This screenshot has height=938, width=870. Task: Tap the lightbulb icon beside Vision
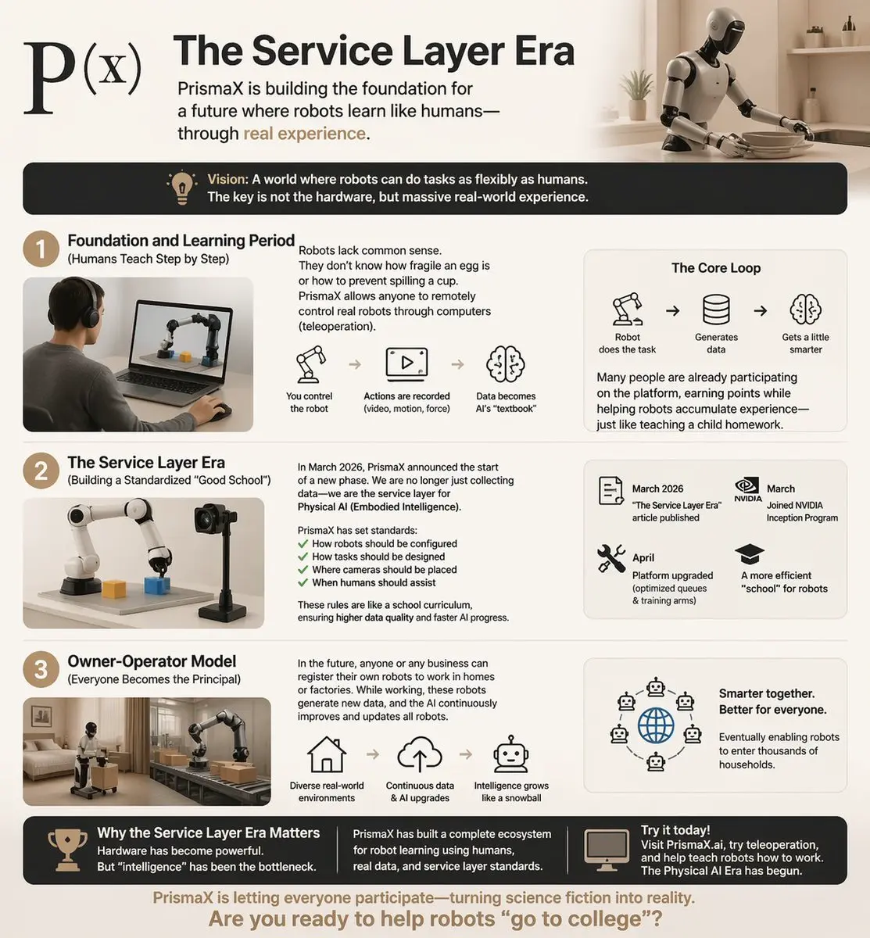(x=182, y=188)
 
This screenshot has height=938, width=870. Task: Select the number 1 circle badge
(x=41, y=249)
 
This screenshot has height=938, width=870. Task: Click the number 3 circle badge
(x=41, y=670)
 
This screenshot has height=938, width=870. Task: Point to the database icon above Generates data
(x=716, y=310)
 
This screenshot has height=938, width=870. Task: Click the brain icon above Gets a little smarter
(x=805, y=309)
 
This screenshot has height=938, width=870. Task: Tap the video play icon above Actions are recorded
(x=406, y=364)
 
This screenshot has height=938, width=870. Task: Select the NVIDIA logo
(x=748, y=490)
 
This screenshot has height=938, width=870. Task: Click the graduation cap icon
(x=750, y=553)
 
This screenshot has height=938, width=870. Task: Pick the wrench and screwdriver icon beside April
(x=611, y=558)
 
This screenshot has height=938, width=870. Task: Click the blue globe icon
(x=656, y=725)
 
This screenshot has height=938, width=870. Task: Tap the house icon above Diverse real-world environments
(x=327, y=754)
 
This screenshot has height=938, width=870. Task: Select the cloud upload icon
(x=420, y=754)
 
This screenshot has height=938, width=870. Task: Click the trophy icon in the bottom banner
(x=67, y=850)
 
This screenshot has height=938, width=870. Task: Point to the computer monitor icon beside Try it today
(x=607, y=850)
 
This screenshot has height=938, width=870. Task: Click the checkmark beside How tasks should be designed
(x=303, y=557)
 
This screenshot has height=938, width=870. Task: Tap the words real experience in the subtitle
(x=305, y=134)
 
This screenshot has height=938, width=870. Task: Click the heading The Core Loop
(x=716, y=268)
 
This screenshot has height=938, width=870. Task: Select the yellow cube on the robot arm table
(x=114, y=589)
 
